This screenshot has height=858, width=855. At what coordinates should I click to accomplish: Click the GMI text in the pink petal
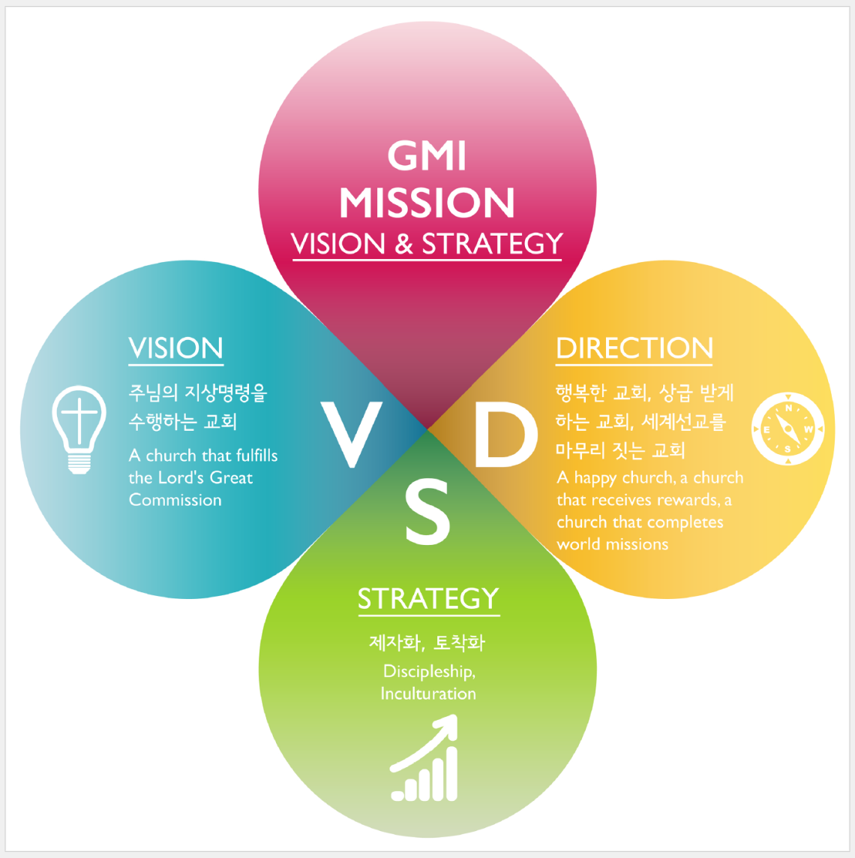pyautogui.click(x=427, y=156)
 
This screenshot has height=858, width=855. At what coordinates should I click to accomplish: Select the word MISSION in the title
pyautogui.click(x=427, y=203)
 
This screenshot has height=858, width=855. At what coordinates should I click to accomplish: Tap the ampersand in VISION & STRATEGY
pyautogui.click(x=404, y=244)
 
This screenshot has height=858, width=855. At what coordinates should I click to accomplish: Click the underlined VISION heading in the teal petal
pyautogui.click(x=175, y=348)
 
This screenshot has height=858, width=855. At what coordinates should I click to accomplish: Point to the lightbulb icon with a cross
pyautogui.click(x=79, y=429)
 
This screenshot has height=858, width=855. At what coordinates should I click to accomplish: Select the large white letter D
pyautogui.click(x=505, y=435)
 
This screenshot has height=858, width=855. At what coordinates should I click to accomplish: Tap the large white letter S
pyautogui.click(x=427, y=511)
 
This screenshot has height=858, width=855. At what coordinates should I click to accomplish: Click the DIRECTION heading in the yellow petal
pyautogui.click(x=634, y=348)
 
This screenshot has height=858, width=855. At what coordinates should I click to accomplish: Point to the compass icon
pyautogui.click(x=787, y=429)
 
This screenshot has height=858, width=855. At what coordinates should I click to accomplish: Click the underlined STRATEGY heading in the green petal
pyautogui.click(x=428, y=598)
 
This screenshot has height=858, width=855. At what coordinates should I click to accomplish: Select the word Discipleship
pyautogui.click(x=429, y=672)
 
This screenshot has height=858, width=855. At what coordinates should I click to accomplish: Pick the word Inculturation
pyautogui.click(x=428, y=694)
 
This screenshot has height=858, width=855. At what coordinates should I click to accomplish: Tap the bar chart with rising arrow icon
pyautogui.click(x=424, y=757)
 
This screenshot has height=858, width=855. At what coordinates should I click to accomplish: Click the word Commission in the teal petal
pyautogui.click(x=175, y=500)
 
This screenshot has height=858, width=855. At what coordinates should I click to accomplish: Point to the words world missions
pyautogui.click(x=612, y=544)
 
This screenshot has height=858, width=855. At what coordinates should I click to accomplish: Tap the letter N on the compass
pyautogui.click(x=788, y=408)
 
